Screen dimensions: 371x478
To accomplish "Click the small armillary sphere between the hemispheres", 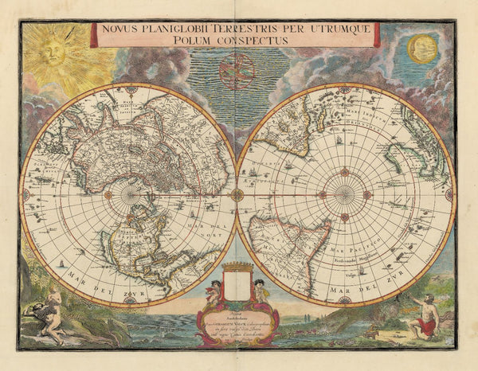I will (237, 71).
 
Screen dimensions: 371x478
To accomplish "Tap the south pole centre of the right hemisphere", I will (344, 193).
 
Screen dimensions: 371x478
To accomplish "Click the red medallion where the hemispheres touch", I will (237, 193).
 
